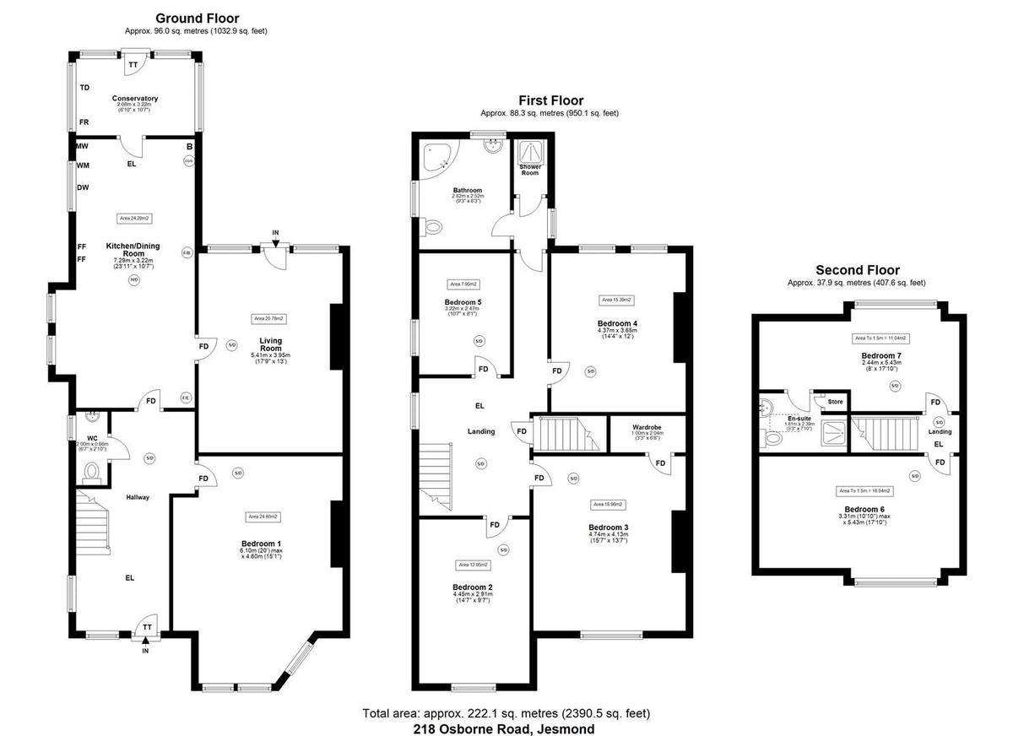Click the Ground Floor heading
pos(198,18)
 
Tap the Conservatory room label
pos(135,99)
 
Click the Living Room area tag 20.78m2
pos(269,318)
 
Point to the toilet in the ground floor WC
pos(93,473)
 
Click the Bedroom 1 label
pos(263,544)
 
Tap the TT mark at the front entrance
pos(146,627)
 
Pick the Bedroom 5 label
pos(462,301)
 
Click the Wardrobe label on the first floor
pos(646,427)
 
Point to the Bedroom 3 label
pos(609,528)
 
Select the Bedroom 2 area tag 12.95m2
pos(473,565)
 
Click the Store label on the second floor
pos(835,402)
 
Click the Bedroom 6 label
pos(864,509)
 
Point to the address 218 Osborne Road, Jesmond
pos(504,728)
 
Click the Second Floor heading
pos(857,270)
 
